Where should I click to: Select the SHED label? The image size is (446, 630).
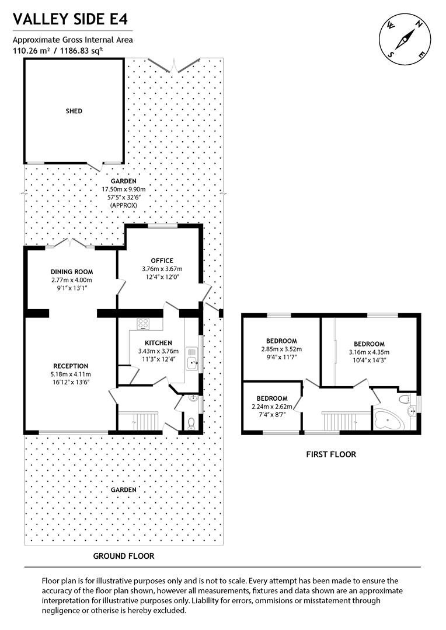pos(74,111)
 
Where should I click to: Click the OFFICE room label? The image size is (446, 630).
pos(162,260)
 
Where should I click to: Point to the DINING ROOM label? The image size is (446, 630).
pos(72,272)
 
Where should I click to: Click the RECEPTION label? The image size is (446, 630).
pos(71,366)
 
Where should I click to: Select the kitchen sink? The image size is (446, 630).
pos(192,358)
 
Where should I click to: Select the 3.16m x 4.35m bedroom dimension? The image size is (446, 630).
pos(369,352)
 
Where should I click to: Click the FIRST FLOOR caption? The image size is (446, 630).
pos(330,454)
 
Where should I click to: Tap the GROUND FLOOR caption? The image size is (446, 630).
pos(124,556)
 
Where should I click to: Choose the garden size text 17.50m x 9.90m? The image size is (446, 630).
pos(123,189)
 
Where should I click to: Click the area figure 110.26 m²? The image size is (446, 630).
pos(33,50)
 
